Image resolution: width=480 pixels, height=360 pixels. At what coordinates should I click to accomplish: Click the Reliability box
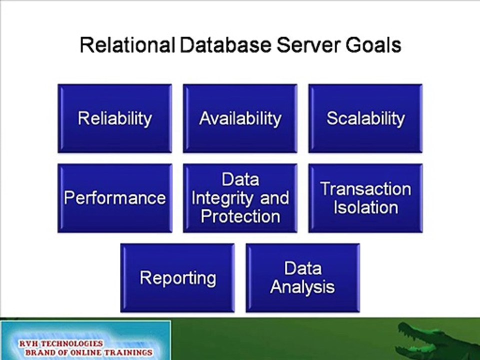(115, 118)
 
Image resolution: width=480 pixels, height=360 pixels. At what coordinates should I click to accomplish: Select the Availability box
(240, 118)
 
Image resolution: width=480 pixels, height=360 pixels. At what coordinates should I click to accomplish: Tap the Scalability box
(365, 118)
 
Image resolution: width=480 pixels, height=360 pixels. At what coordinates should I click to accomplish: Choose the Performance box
(115, 198)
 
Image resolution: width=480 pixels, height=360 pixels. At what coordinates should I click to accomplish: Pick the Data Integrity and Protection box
(240, 198)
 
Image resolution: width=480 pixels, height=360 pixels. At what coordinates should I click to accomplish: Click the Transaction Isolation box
(365, 198)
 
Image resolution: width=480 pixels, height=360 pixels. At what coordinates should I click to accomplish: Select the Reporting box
(177, 278)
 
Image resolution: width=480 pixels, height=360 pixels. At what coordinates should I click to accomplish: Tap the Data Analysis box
(303, 278)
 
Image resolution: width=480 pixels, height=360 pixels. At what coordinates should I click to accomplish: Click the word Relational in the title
(127, 45)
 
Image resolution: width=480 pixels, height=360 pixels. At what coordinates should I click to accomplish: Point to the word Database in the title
(225, 45)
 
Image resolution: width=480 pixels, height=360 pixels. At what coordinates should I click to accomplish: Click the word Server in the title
(309, 45)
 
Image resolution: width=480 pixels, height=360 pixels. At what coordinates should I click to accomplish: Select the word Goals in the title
(373, 45)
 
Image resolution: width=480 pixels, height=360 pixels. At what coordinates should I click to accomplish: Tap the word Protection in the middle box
(240, 216)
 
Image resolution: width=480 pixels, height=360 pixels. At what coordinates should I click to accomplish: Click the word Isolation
(366, 207)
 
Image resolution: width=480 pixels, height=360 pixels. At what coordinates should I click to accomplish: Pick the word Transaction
(366, 189)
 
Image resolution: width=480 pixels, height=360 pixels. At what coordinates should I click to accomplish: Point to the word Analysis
(302, 287)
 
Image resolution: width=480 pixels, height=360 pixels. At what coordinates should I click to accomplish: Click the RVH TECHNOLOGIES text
(61, 343)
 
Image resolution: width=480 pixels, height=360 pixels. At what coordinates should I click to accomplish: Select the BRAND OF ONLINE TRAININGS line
(89, 352)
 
